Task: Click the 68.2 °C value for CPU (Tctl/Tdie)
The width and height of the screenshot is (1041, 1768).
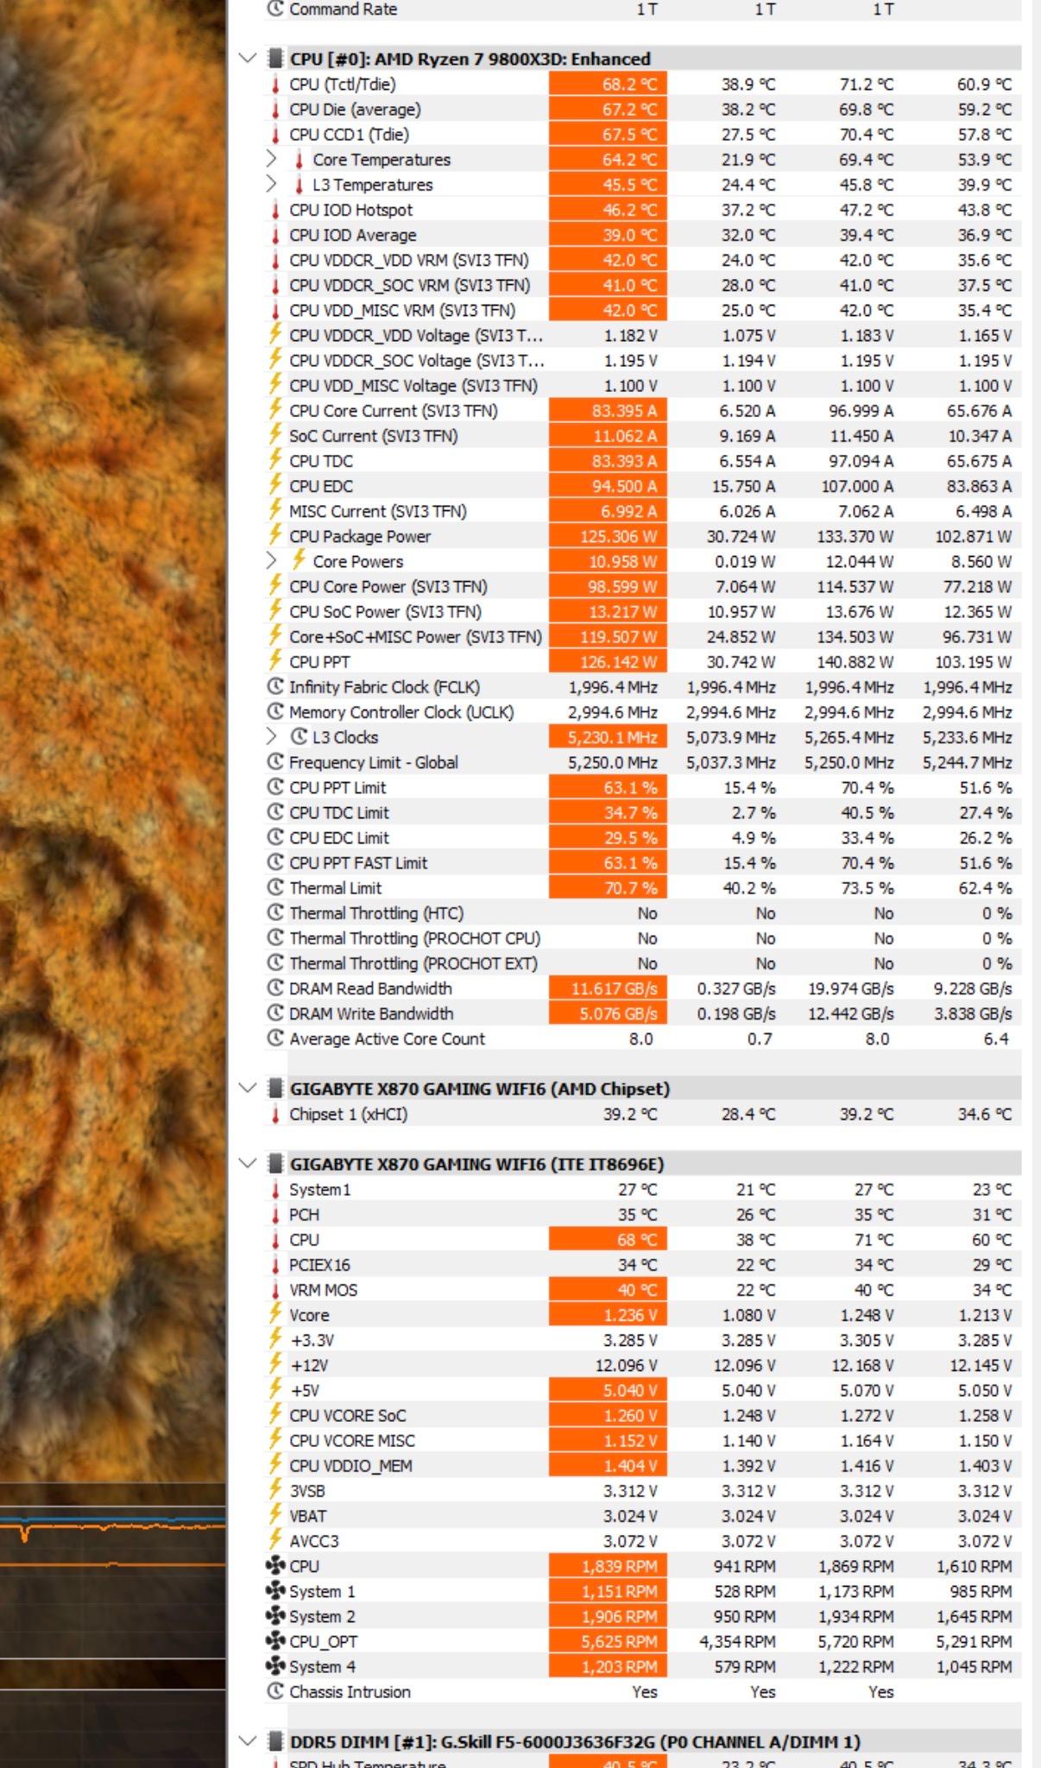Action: pos(629,85)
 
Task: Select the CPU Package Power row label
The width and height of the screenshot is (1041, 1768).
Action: pos(360,536)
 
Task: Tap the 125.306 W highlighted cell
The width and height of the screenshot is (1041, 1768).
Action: pos(618,537)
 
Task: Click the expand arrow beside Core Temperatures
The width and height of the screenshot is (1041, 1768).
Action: pos(271,159)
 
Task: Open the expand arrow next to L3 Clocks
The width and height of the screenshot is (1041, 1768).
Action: pos(271,736)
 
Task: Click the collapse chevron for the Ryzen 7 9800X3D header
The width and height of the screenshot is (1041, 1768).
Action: pos(248,59)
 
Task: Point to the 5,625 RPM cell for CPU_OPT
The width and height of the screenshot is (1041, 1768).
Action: pos(619,1642)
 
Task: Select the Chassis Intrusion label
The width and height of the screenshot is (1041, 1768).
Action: pos(350,1692)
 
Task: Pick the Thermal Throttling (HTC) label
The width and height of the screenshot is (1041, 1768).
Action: pos(376,913)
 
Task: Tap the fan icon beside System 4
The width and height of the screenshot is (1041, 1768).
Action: pos(275,1666)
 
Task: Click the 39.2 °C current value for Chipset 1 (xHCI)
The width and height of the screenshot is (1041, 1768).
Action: pos(630,1114)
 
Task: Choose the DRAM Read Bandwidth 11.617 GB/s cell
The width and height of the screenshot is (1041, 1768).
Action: pos(614,989)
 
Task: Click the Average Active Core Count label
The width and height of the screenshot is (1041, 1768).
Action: pos(387,1039)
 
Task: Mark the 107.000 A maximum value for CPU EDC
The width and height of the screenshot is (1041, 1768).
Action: pos(857,487)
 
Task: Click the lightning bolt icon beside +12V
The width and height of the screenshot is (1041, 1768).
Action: pos(275,1364)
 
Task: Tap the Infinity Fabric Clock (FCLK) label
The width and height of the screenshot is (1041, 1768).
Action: pos(384,687)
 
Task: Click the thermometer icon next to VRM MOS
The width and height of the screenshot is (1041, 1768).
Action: pos(275,1291)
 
